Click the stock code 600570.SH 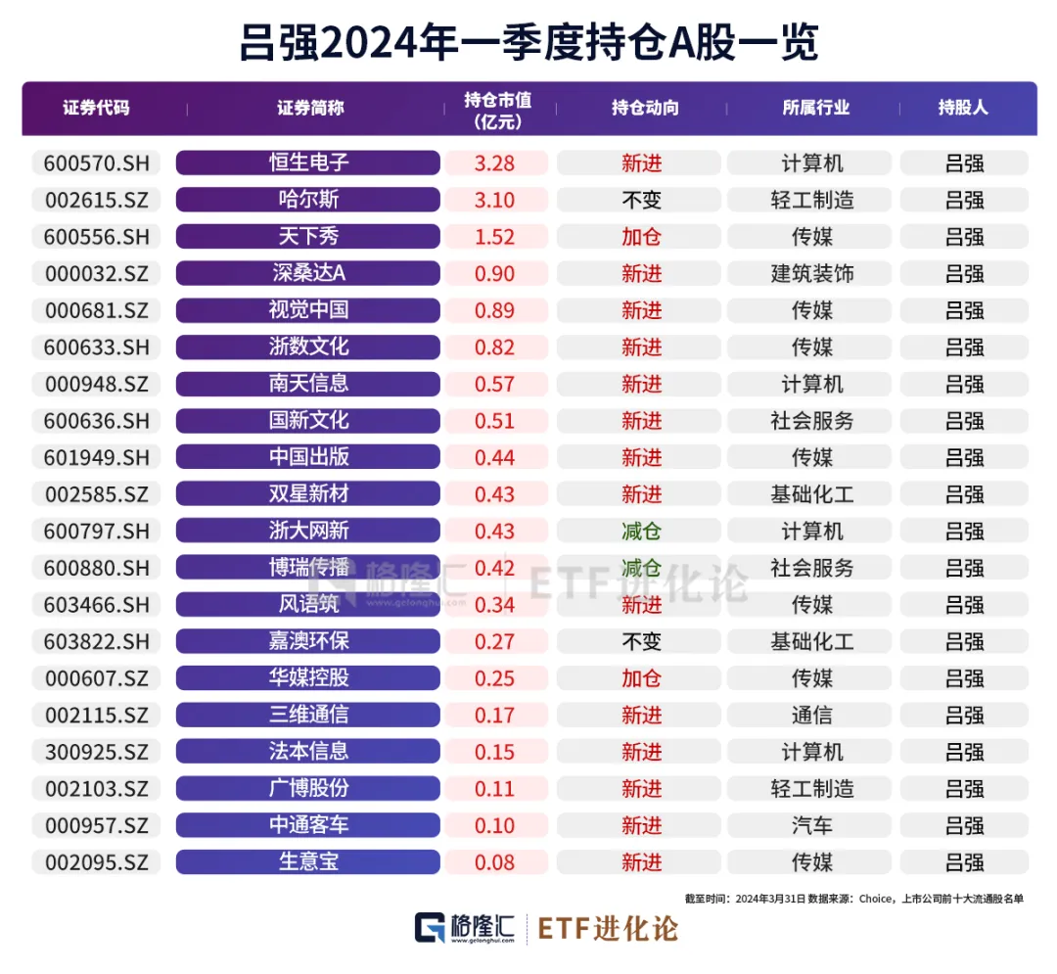tap(97, 162)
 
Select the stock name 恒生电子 tap(308, 162)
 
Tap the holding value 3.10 tap(494, 200)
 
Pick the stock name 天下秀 tap(308, 236)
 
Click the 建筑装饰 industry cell tap(811, 273)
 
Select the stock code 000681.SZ tap(97, 310)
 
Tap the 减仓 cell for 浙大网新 tap(641, 531)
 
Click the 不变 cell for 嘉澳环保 tap(641, 641)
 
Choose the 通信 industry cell tap(811, 715)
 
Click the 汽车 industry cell tap(811, 825)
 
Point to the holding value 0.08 tap(494, 862)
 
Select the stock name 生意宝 tap(308, 862)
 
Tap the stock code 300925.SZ tap(97, 752)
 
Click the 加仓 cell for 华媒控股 tap(641, 678)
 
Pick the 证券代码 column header tap(96, 108)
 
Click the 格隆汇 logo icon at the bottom tap(430, 928)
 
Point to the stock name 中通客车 tap(308, 825)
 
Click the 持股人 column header tap(963, 108)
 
